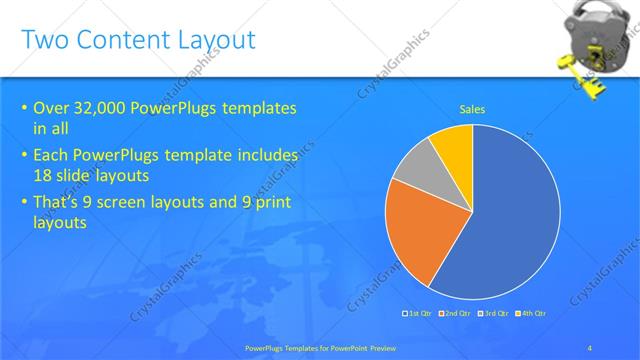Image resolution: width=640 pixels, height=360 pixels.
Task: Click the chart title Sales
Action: coord(472,109)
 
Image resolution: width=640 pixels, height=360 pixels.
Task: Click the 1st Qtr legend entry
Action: coord(419,314)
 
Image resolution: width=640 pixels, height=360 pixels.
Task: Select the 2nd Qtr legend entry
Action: coord(457,314)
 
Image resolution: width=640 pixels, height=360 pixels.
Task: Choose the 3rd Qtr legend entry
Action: coord(494,314)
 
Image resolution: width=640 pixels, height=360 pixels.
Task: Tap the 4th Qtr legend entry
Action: coord(531,314)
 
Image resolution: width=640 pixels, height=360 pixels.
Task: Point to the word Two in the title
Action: coord(43,40)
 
